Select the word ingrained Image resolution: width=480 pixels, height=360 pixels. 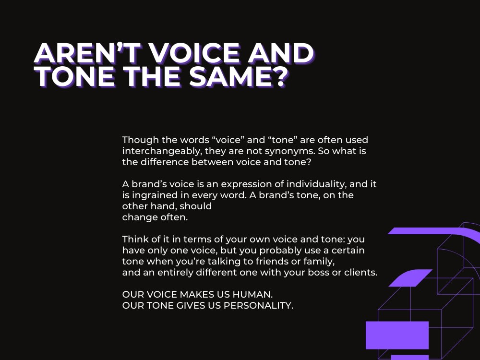click(154, 195)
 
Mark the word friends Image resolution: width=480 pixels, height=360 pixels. click(264, 261)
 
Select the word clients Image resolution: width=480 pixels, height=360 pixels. click(362, 272)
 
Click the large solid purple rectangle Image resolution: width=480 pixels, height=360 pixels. click(397, 335)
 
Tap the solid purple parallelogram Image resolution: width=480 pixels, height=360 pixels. click(410, 278)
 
